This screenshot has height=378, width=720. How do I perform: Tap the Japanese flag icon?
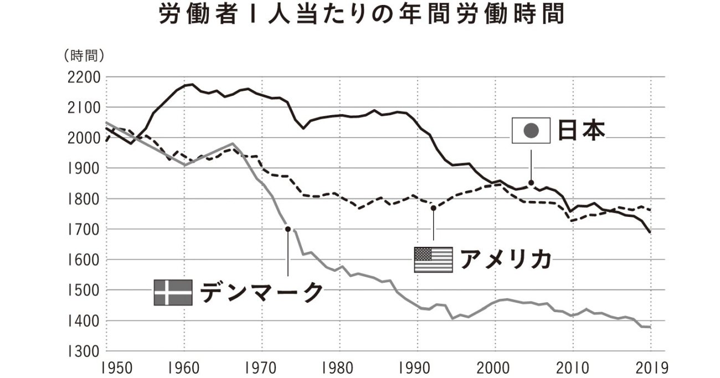530,131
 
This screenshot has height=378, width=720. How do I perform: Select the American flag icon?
433,260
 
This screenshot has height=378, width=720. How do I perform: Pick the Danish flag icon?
173,292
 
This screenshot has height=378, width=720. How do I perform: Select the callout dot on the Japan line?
531,183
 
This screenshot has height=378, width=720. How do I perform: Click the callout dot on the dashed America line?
434,208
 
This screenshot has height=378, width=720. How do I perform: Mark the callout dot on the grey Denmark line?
287,229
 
